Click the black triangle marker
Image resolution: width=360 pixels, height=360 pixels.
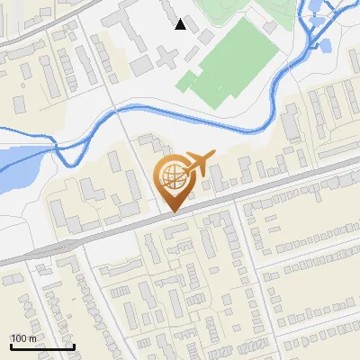tap(181, 24)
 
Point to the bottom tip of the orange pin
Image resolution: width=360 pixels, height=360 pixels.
tap(172, 211)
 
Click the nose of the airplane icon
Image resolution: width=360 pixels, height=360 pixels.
tap(213, 155)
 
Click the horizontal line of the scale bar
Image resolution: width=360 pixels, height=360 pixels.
tap(41, 347)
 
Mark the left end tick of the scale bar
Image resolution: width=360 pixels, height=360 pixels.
tap(10, 346)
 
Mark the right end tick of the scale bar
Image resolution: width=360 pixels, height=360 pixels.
tap(73, 346)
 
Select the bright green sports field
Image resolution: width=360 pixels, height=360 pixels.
tap(229, 63)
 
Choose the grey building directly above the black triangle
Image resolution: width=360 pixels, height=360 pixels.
tap(175, 8)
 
